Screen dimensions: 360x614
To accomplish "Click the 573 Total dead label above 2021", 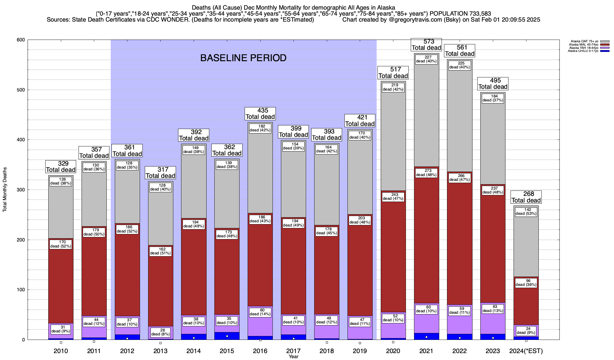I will point(426,45).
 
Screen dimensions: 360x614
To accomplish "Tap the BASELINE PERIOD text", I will point(243,58).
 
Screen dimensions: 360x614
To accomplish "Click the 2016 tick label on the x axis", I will point(260,351).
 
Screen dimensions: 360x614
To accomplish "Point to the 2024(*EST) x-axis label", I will point(526,351).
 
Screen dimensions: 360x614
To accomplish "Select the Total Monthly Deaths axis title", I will point(5,190).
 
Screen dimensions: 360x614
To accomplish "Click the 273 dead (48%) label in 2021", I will point(426,173).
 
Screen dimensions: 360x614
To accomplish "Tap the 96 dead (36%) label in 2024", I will point(526,283).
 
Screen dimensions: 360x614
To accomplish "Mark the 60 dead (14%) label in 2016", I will point(260,312).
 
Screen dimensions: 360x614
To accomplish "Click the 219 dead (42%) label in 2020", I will point(393,87).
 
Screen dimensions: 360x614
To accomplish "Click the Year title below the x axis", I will point(294,357).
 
